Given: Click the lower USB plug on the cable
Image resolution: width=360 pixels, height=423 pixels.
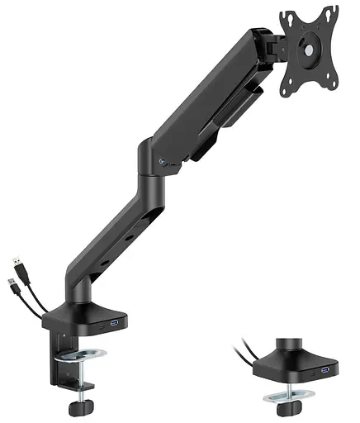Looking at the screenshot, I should [x=16, y=288].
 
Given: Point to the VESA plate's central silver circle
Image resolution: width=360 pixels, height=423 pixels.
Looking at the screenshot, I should [x=310, y=50].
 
